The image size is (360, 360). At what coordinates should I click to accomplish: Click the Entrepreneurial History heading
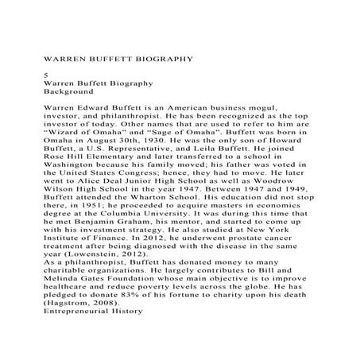pyautogui.click(x=93, y=310)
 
